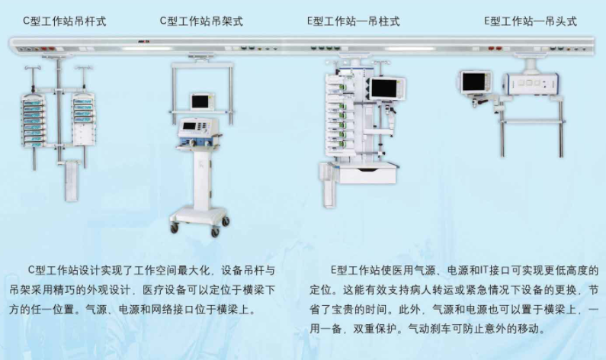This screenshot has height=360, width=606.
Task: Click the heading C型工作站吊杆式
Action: click(65, 21)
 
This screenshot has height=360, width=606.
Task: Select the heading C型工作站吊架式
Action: click(201, 21)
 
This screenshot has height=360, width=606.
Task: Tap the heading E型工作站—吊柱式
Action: click(354, 21)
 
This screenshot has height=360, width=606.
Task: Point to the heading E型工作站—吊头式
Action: click(531, 21)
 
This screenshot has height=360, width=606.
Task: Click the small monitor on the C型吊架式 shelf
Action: click(202, 101)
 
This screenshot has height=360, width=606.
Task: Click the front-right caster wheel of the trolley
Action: click(226, 222)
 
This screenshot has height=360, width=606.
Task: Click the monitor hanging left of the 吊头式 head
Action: click(475, 82)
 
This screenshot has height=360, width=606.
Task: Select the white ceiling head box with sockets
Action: click(531, 83)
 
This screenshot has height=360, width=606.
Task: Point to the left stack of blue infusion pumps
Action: click(34, 121)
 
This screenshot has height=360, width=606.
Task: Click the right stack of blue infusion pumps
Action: click(84, 112)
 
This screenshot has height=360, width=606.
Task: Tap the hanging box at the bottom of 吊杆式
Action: click(72, 180)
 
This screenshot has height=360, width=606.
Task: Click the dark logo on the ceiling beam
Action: click(143, 41)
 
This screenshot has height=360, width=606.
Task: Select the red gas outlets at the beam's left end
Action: click(47, 49)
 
